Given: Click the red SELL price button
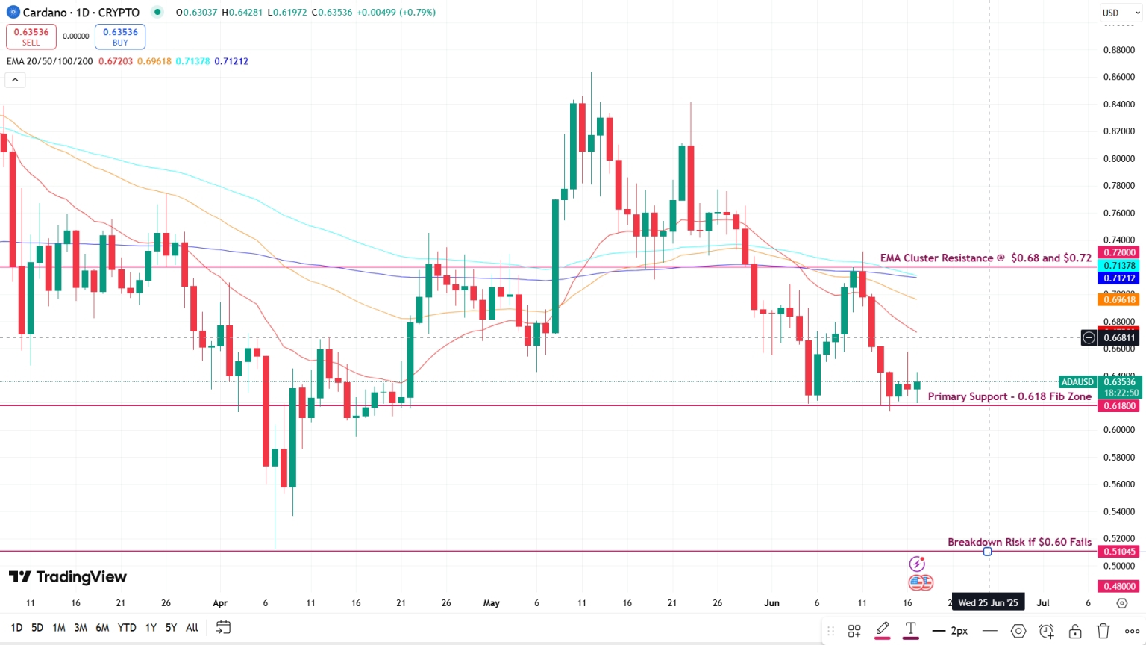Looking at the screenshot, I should click(x=31, y=37).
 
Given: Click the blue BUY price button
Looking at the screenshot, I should click(x=120, y=37).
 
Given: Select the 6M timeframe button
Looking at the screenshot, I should click(x=102, y=628).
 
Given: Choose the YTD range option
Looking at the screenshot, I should click(x=127, y=628).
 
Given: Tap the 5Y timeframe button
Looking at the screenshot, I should click(x=171, y=628).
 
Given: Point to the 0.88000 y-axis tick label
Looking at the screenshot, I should click(x=1118, y=50).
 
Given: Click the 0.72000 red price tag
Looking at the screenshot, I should click(x=1118, y=252).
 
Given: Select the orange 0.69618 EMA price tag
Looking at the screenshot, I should click(x=1118, y=300).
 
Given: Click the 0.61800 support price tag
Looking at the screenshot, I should click(x=1118, y=406).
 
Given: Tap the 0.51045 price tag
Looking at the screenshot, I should click(x=1118, y=552).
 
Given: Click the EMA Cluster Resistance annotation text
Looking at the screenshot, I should click(x=985, y=258).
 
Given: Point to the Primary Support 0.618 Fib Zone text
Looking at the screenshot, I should click(x=1009, y=396).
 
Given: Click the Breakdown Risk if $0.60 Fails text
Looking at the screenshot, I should click(x=1019, y=542).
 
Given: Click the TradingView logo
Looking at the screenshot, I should click(x=68, y=577).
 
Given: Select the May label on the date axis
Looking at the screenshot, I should click(x=492, y=603).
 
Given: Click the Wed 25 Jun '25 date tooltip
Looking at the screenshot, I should click(x=988, y=603).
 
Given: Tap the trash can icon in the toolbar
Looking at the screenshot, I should click(x=1103, y=631).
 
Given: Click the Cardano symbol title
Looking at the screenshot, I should click(x=81, y=13).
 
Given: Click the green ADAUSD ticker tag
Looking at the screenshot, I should click(x=1077, y=382).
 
